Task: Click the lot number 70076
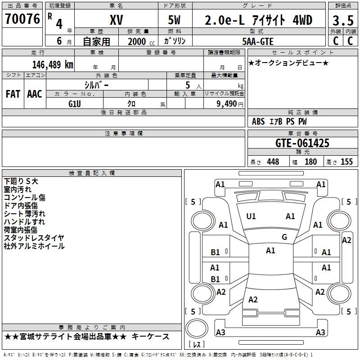(22, 19)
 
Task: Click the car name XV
(117, 20)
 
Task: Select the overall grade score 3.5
(343, 20)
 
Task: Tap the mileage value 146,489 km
(53, 65)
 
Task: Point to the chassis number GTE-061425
(302, 143)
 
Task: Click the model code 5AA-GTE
(258, 41)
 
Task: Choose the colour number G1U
(75, 104)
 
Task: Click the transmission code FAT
(13, 94)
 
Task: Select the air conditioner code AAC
(35, 94)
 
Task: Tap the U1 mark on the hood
(251, 216)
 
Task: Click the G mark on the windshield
(284, 237)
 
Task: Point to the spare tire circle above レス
(197, 328)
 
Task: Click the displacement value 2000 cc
(141, 42)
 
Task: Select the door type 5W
(174, 20)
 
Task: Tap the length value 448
(273, 162)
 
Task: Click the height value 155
(346, 162)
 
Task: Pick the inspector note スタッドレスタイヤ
(34, 238)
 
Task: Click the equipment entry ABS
(258, 121)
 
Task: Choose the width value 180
(310, 162)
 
